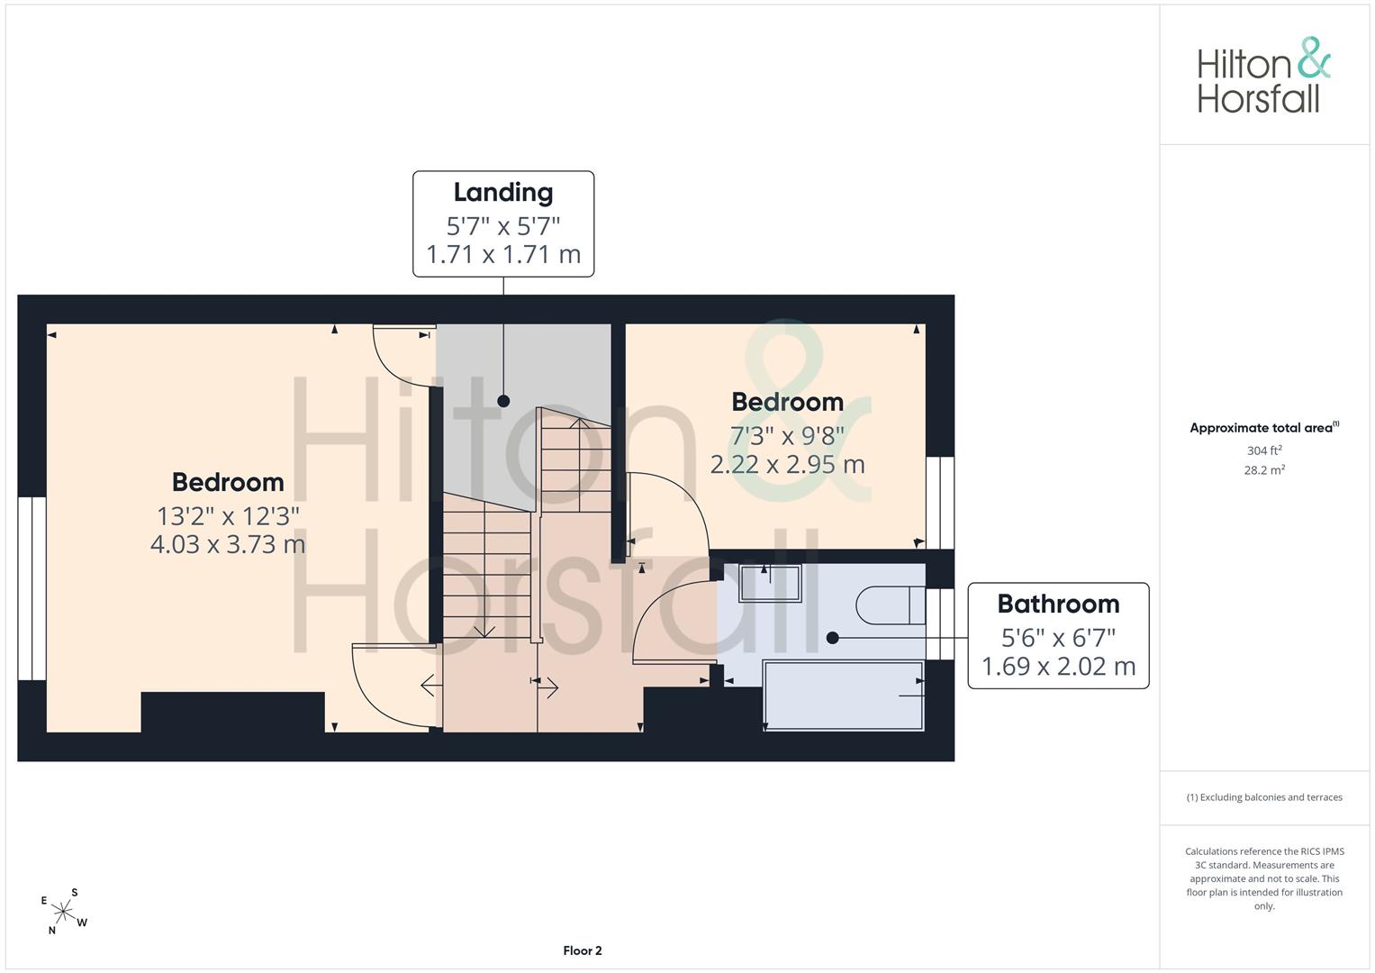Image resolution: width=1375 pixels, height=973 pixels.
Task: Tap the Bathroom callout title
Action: click(1058, 604)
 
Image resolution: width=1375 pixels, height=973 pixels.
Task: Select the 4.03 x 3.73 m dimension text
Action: click(228, 544)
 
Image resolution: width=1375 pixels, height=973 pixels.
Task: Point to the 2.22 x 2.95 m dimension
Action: click(788, 464)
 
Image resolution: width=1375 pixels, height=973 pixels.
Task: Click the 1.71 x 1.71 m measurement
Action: click(503, 254)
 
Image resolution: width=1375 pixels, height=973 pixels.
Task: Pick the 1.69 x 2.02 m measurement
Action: click(1058, 667)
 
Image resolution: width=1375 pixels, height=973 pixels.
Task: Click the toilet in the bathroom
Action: click(891, 605)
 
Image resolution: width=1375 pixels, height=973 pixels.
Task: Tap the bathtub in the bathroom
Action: click(844, 696)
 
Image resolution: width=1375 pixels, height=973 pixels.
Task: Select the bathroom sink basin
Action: click(770, 583)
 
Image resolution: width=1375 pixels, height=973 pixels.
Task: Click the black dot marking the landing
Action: click(503, 401)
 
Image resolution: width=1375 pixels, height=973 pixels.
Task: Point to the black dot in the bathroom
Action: click(832, 638)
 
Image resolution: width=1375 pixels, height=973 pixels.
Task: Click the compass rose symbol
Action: click(63, 911)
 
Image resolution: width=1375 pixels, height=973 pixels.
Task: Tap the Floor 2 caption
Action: click(583, 950)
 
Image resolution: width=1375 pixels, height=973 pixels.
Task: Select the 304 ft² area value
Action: click(1264, 450)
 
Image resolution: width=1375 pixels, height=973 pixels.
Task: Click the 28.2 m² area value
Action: click(1264, 470)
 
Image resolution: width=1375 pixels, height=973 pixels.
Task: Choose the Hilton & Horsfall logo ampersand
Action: click(1314, 59)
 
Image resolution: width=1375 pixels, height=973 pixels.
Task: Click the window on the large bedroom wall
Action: click(32, 588)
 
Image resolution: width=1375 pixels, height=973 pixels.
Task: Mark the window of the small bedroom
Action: click(940, 503)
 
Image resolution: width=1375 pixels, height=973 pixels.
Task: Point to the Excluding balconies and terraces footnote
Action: click(1264, 797)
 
